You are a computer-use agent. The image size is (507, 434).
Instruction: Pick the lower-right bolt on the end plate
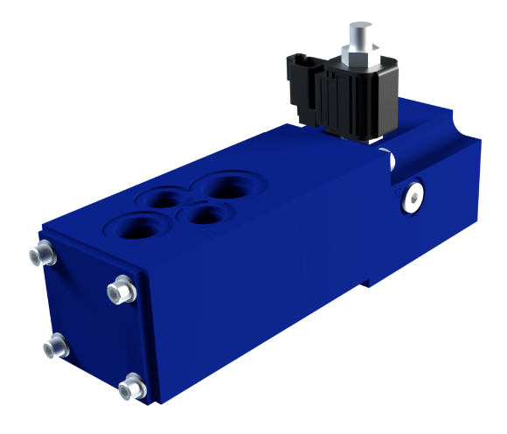coord(132,384)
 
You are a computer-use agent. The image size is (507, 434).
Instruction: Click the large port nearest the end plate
coord(130,227)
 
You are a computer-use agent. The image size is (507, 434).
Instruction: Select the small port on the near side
coord(200,214)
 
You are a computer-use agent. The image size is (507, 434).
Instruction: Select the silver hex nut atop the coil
coord(361,52)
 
